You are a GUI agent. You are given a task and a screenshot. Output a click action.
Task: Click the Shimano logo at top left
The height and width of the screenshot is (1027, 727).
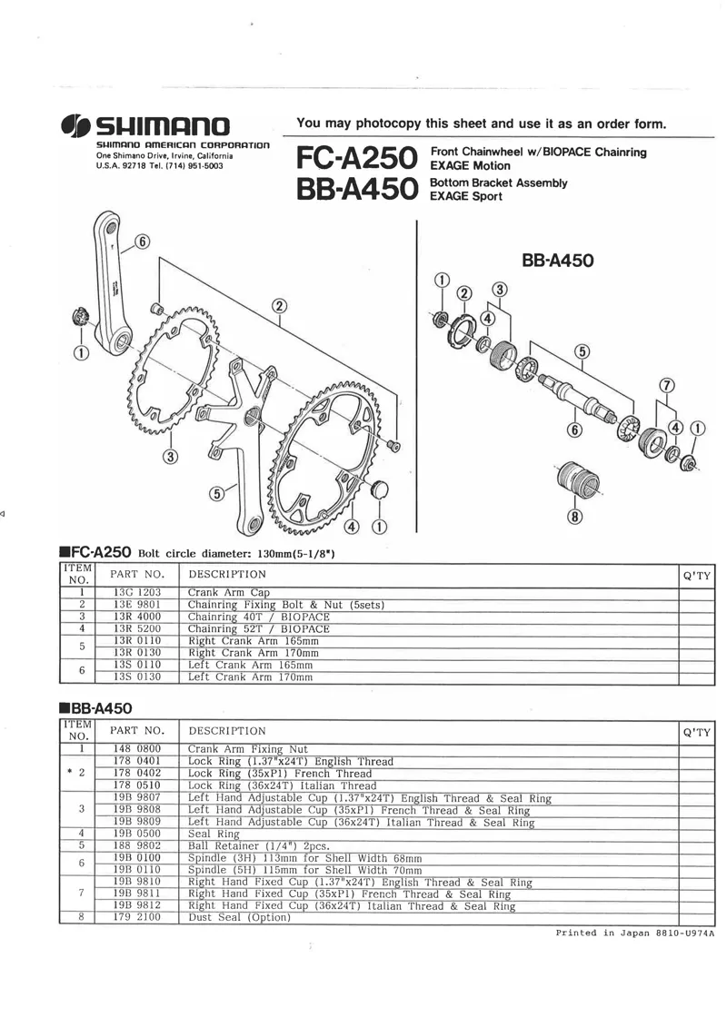pyautogui.click(x=145, y=125)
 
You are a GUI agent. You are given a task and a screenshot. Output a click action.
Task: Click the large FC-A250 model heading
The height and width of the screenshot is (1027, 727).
pyautogui.click(x=356, y=158)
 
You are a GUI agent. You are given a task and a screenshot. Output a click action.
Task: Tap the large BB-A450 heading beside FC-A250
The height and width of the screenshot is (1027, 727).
pyautogui.click(x=356, y=189)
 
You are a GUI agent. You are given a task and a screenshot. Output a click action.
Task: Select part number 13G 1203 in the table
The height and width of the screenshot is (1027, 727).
pyautogui.click(x=137, y=592)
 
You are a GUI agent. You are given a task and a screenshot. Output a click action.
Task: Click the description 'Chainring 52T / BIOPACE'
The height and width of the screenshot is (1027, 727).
pyautogui.click(x=259, y=628)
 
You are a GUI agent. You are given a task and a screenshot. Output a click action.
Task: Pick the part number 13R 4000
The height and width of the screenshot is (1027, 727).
pyautogui.click(x=137, y=617)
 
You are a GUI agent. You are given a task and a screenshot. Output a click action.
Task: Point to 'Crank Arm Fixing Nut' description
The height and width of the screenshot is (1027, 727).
pyautogui.click(x=248, y=748)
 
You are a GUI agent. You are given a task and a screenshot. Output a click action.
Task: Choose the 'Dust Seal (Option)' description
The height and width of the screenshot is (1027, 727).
pyautogui.click(x=239, y=918)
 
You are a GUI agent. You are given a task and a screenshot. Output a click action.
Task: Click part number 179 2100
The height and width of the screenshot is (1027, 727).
pyautogui.click(x=137, y=917)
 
